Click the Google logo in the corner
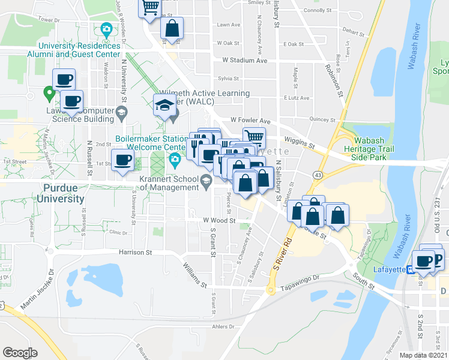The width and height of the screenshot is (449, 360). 20,353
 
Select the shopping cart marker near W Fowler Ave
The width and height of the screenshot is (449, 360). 255,137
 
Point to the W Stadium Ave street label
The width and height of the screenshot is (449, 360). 244,60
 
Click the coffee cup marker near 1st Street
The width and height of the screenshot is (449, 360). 123,160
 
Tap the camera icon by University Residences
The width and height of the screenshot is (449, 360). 106,28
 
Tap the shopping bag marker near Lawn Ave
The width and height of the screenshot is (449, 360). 172,28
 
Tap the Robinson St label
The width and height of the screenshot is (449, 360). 334,80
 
